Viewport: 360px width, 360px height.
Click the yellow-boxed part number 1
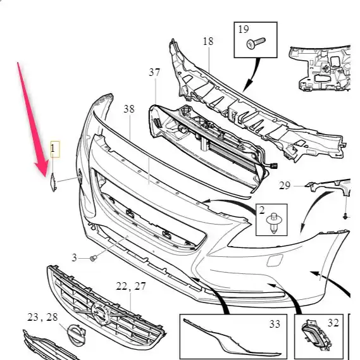[53, 148]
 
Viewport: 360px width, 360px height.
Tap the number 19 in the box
[244, 29]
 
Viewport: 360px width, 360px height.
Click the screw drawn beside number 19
[256, 43]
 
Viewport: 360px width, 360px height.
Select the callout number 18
[208, 41]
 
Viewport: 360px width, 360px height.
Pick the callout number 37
[154, 72]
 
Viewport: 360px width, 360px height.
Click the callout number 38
[129, 109]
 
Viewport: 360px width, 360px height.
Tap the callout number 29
[285, 185]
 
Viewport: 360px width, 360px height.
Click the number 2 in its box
[262, 210]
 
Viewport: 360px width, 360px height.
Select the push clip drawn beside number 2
[273, 223]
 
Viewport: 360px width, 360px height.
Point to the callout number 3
[74, 258]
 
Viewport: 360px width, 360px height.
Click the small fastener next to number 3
[93, 258]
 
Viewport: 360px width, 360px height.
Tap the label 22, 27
[131, 287]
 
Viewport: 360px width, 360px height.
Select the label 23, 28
[42, 318]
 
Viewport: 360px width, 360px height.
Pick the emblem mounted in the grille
[101, 313]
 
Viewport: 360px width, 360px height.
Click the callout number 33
[275, 324]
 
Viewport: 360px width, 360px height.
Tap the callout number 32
[333, 323]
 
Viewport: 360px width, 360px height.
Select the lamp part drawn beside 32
[317, 335]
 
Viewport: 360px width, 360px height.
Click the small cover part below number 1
[53, 182]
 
